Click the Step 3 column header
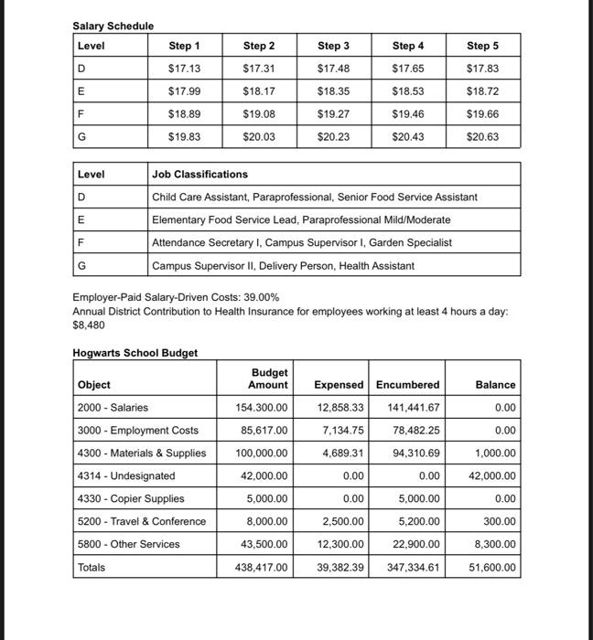(x=333, y=46)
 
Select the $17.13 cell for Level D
(x=184, y=69)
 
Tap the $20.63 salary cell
(x=482, y=137)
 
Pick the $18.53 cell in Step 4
(x=408, y=91)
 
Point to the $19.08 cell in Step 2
(x=259, y=114)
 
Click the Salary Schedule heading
(x=113, y=26)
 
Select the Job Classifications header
(x=199, y=174)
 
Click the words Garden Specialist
(x=435, y=242)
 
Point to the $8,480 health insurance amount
(x=89, y=325)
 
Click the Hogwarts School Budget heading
(x=135, y=353)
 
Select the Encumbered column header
(x=407, y=385)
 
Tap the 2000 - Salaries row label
(x=113, y=408)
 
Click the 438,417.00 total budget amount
(x=262, y=568)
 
